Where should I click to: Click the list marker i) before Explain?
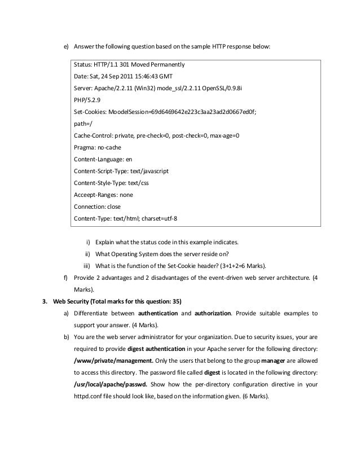point(88,242)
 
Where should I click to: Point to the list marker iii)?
point(86,266)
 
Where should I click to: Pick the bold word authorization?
point(213,313)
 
